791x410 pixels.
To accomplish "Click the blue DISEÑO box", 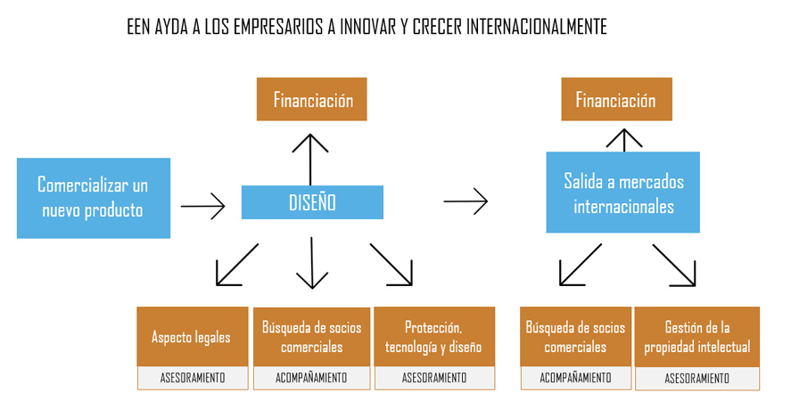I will pos(312,202).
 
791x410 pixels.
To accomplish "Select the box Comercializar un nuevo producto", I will pos(93,198).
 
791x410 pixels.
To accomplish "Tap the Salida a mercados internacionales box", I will pos(623,193).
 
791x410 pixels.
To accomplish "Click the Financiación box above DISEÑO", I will pos(312,100).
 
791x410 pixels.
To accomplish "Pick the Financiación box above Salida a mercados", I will pos(615,100).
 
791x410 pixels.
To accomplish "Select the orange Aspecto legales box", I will pos(191,337).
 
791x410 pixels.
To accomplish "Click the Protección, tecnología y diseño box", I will pos(433,337).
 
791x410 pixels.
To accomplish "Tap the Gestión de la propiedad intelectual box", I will pos(696,337).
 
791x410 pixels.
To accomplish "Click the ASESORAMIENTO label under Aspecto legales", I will pos(191,378).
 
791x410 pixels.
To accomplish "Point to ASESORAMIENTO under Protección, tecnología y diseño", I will pos(433,378).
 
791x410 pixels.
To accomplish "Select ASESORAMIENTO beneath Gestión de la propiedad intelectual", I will pos(696,379).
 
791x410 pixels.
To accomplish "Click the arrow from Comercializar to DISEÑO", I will pos(202,208).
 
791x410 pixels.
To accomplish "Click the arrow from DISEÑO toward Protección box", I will pos(391,265).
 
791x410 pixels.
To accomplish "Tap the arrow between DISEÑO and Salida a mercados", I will pos(466,201).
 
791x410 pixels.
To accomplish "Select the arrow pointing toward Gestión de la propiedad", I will pos(674,266).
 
